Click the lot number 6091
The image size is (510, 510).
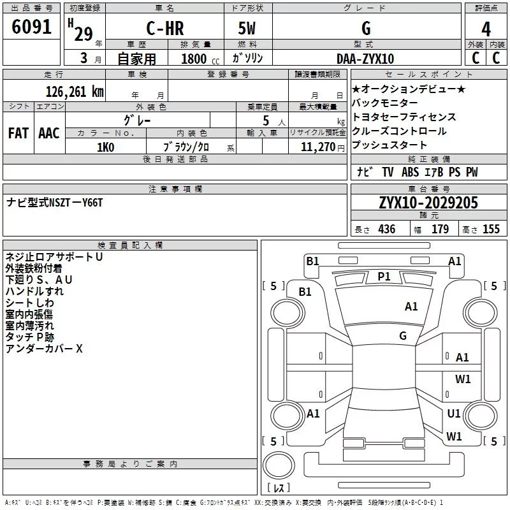pos(31,27)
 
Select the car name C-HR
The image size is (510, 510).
pos(165,28)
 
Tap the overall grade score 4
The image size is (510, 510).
pos(486,29)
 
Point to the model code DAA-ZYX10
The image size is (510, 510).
pos(365,59)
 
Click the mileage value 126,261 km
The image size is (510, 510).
pos(75,92)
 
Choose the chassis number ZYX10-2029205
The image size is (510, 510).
pos(428,203)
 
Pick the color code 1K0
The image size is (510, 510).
pos(106,147)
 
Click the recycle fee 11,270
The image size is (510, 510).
pos(318,147)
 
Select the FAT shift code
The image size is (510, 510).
pos(18,133)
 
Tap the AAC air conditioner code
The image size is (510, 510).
pos(49,133)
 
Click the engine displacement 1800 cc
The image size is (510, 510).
pos(200,59)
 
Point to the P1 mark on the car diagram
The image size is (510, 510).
pos(384,277)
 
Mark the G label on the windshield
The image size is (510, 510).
pos(403,336)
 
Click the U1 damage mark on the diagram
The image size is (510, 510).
pos(454,413)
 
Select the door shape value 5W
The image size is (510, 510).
pos(247,28)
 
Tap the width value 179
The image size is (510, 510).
pos(440,229)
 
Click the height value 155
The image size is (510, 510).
pos(491,229)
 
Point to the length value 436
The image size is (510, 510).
pos(387,229)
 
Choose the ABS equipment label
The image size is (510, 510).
pos(410,172)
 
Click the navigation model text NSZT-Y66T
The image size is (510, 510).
pos(75,203)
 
